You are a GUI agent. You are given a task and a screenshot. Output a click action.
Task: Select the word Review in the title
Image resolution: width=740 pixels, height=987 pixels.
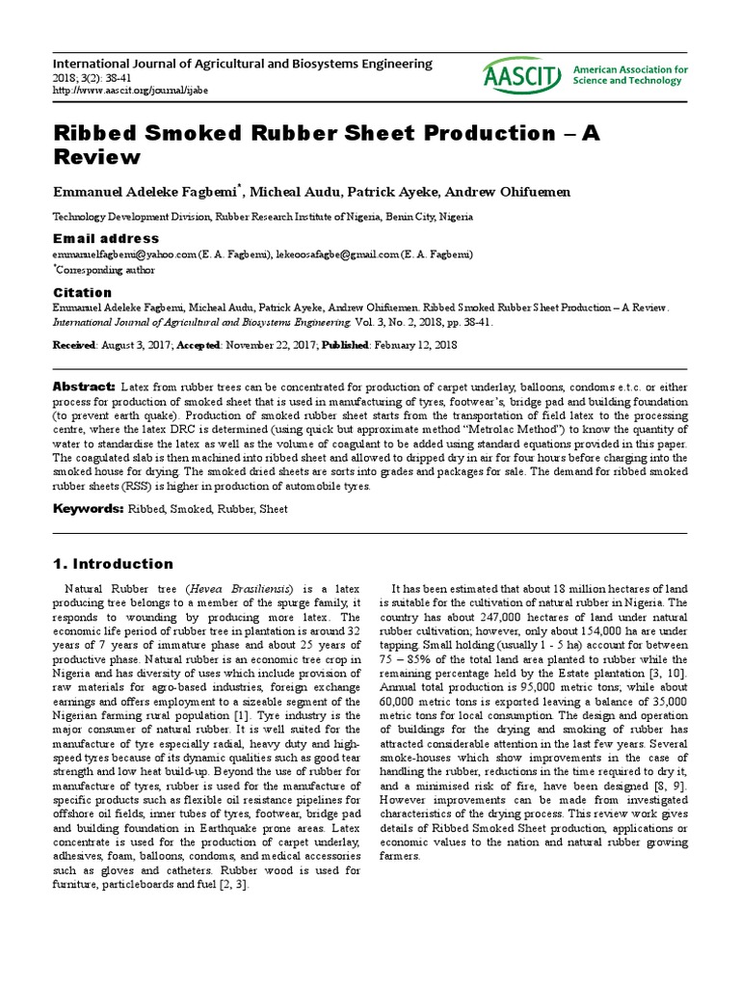(96, 156)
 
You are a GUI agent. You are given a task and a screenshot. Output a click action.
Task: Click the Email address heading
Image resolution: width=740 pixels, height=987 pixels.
(106, 238)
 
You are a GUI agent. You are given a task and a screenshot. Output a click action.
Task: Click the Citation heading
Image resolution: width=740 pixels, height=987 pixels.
(82, 292)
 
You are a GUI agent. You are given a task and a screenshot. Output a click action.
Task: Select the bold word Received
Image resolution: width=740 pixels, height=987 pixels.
(74, 345)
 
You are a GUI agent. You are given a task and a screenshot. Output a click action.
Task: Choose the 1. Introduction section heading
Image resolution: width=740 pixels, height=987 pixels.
(113, 564)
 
